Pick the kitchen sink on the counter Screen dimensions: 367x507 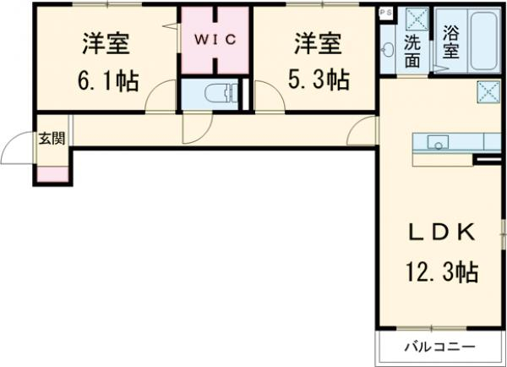click(x=439, y=142)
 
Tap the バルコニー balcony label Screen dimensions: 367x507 click(x=439, y=347)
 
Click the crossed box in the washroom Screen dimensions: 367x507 click(x=413, y=18)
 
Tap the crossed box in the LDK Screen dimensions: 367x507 click(x=487, y=90)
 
